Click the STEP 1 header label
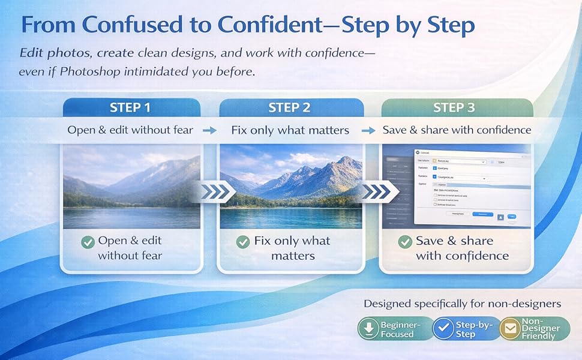click(x=130, y=108)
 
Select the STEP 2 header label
click(x=289, y=108)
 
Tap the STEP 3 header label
click(x=454, y=108)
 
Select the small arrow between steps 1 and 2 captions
click(x=209, y=130)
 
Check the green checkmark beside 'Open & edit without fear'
click(x=88, y=242)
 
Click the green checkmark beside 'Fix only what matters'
click(x=242, y=242)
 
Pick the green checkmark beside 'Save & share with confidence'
click(x=404, y=242)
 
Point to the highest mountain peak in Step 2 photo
click(x=346, y=161)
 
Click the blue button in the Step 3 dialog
click(x=482, y=214)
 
